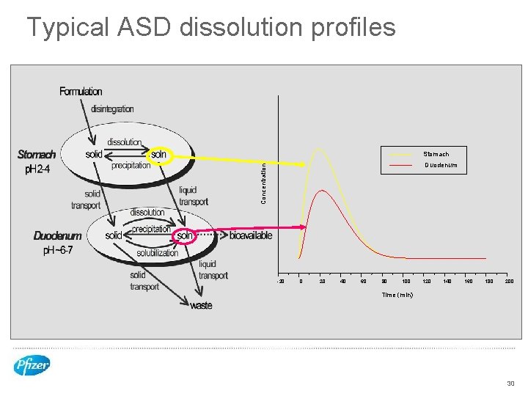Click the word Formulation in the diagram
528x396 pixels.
click(81, 92)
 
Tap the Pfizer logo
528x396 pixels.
click(32, 364)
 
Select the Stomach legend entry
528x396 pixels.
click(436, 154)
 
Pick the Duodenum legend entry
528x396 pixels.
click(441, 166)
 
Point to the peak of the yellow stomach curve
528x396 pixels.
click(318, 148)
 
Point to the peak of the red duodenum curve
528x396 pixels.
click(320, 191)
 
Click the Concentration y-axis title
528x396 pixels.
click(265, 183)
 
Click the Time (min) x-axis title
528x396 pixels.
click(397, 295)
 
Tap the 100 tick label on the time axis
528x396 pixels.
click(406, 282)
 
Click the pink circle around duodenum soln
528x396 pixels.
click(185, 236)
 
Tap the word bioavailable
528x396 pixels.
click(251, 236)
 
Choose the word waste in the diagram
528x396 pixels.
click(201, 306)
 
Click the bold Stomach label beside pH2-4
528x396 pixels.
click(37, 155)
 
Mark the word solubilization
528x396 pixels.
click(157, 253)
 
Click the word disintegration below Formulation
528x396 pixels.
click(112, 109)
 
